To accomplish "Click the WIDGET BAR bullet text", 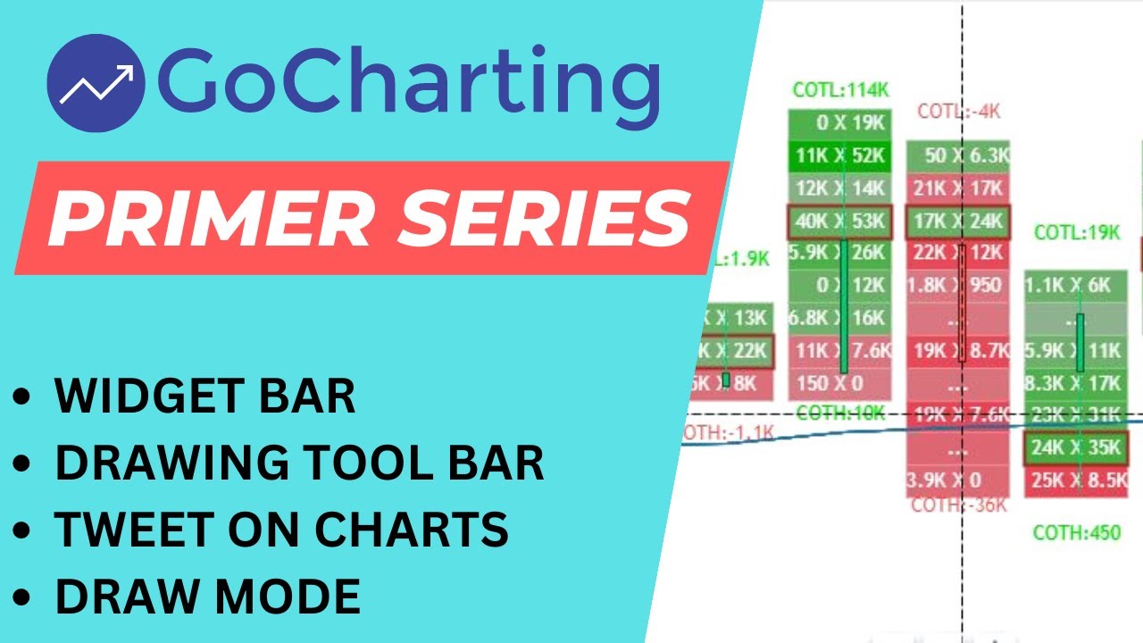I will click(204, 396).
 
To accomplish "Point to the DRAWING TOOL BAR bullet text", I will click(299, 463).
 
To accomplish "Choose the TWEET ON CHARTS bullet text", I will click(281, 530).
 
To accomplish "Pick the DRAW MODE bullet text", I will click(207, 596).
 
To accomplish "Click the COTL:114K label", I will click(839, 89).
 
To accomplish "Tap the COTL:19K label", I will click(1076, 232).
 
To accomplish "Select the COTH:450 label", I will click(1076, 533).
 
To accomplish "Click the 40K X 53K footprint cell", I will click(839, 221).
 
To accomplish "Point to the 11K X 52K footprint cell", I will click(839, 156).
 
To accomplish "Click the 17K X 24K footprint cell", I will click(958, 221).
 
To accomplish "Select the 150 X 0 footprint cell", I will click(839, 383).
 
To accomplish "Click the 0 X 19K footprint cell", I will click(839, 124).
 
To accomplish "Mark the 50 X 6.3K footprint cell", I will click(958, 155).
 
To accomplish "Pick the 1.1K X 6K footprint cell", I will click(1076, 286).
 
